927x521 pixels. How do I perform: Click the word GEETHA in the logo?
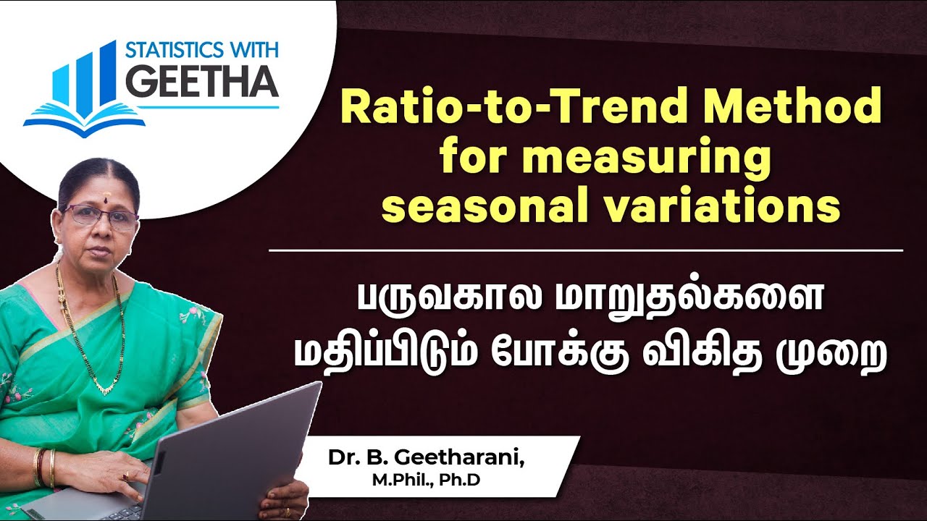pyautogui.click(x=202, y=82)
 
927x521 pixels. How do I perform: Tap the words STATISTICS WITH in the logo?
pyautogui.click(x=202, y=51)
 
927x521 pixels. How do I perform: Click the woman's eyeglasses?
pyautogui.click(x=101, y=216)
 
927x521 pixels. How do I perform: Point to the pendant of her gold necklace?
pyautogui.click(x=106, y=389)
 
